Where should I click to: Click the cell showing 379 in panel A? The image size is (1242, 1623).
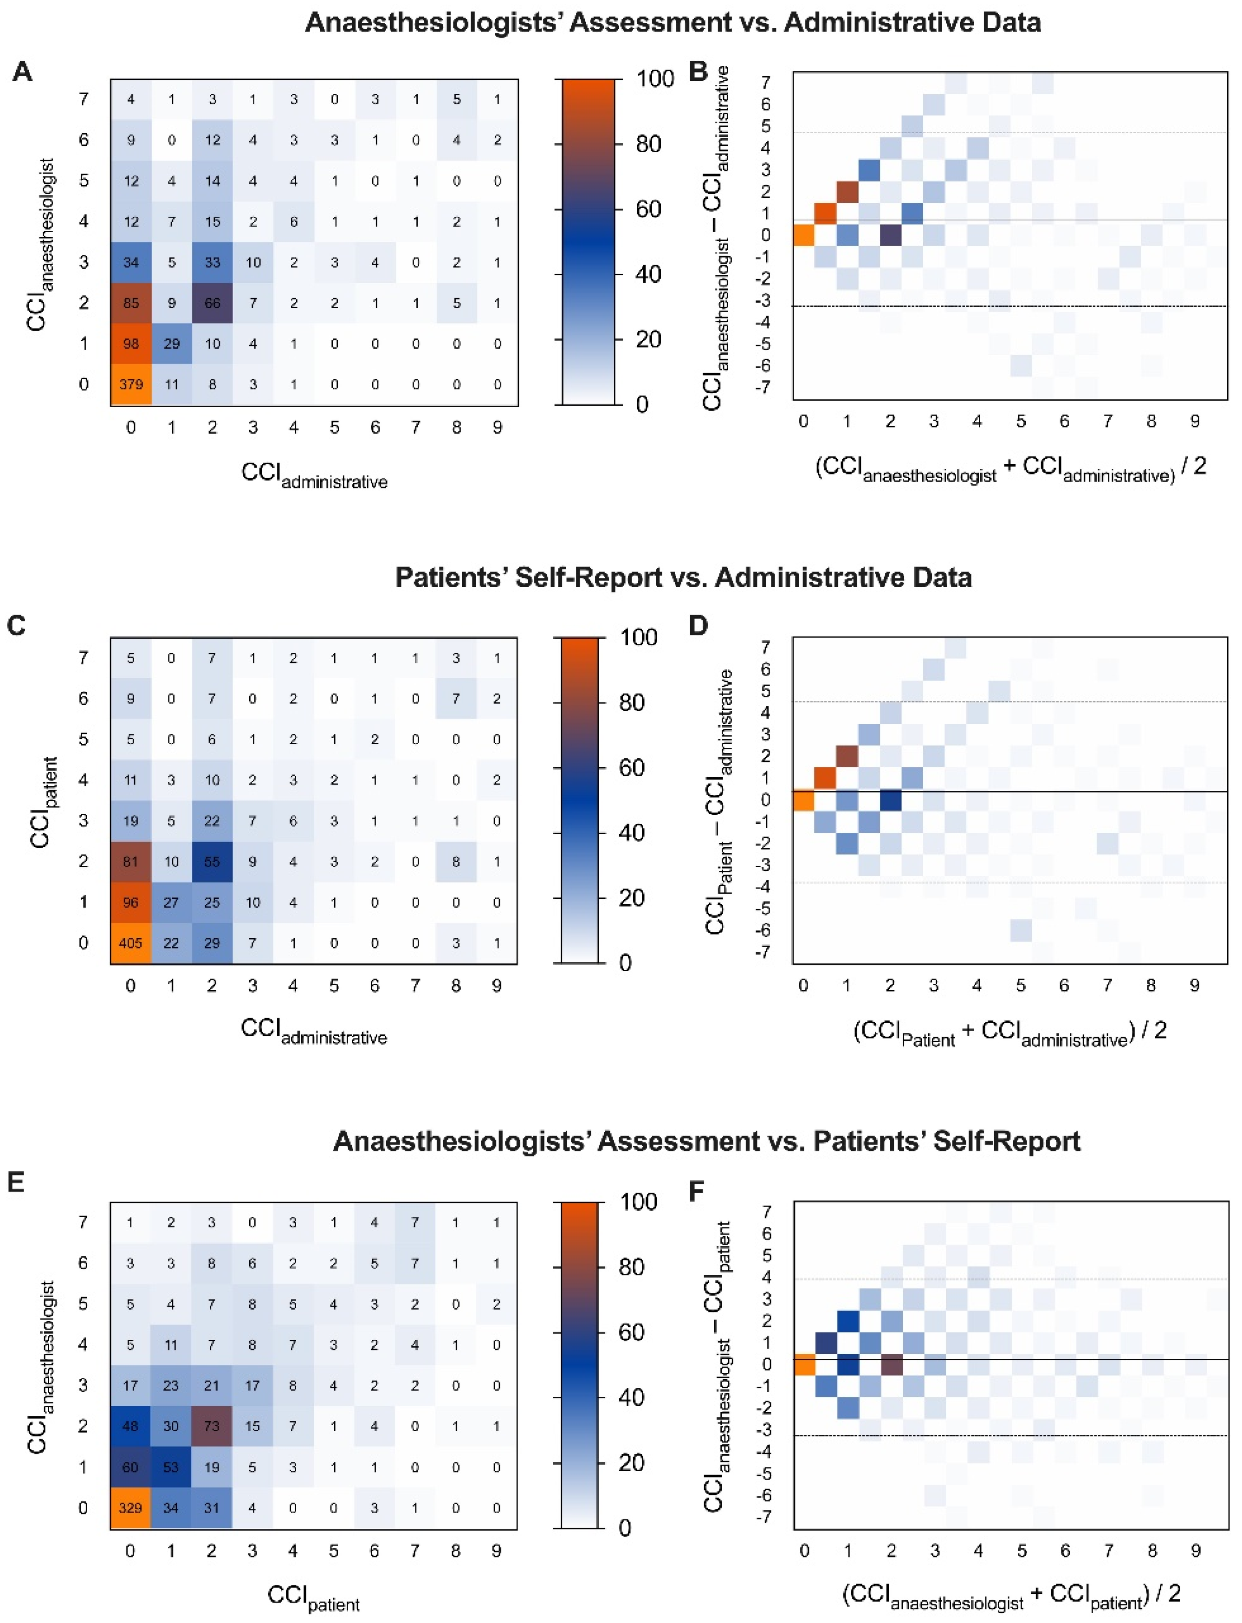pos(131,384)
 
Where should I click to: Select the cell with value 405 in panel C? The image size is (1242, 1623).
pos(131,943)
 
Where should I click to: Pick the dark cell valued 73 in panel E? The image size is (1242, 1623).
pos(212,1426)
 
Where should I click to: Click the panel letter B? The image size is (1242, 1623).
pos(698,71)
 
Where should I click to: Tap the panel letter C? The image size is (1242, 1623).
pos(16,626)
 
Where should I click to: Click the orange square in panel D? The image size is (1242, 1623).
pos(803,800)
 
